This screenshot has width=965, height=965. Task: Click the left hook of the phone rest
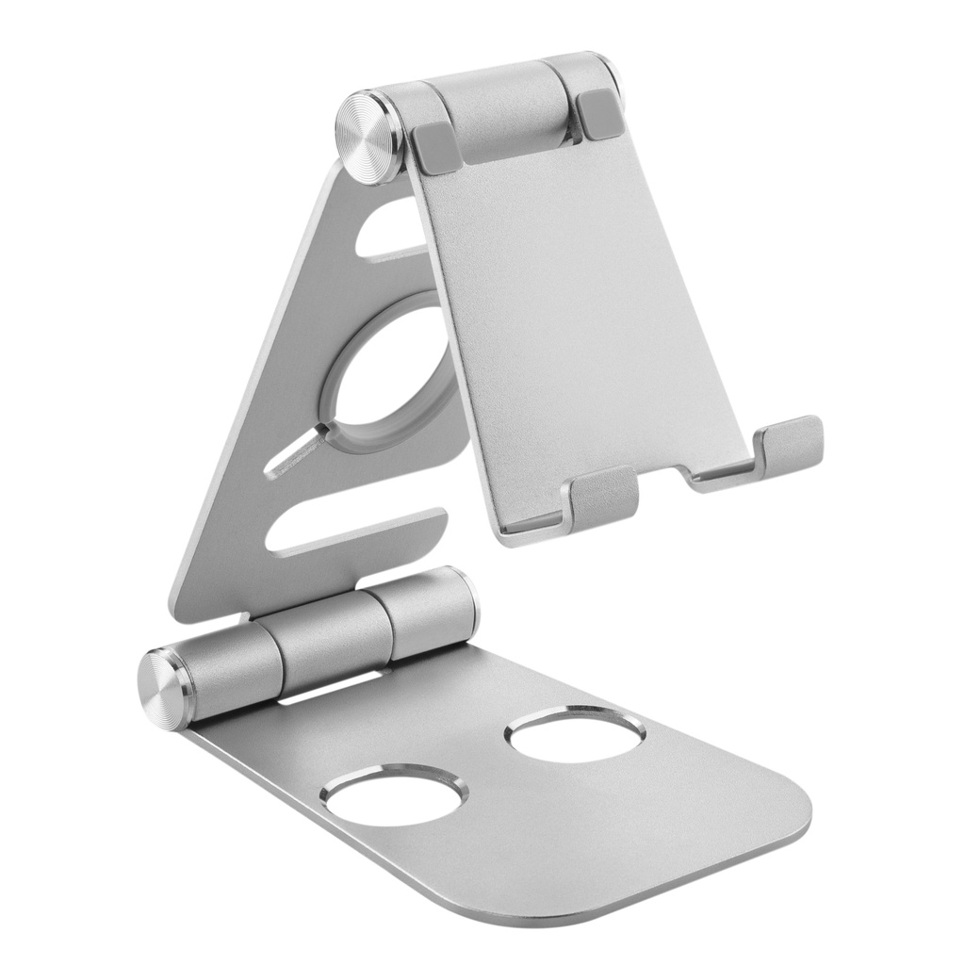pos(602,497)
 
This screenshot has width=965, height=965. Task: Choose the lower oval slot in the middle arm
pos(353,530)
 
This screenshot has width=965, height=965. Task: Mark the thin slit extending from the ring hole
pos(297,450)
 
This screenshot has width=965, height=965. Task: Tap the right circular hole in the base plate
pos(576,735)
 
